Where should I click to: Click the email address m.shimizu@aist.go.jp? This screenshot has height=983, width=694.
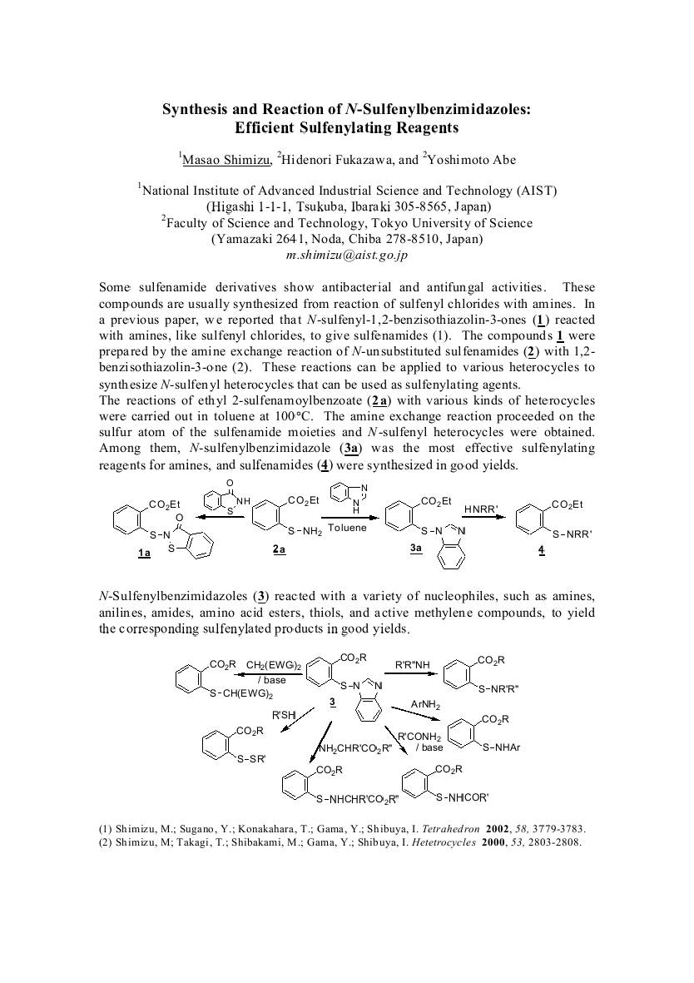(x=346, y=256)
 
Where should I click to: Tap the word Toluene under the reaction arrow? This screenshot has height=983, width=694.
(x=346, y=528)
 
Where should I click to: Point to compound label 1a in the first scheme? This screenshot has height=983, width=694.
(x=144, y=553)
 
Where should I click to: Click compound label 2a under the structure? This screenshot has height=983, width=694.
(x=278, y=549)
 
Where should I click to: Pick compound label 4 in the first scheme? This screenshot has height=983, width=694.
(x=541, y=549)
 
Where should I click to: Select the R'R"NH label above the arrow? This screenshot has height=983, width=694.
(x=422, y=664)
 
